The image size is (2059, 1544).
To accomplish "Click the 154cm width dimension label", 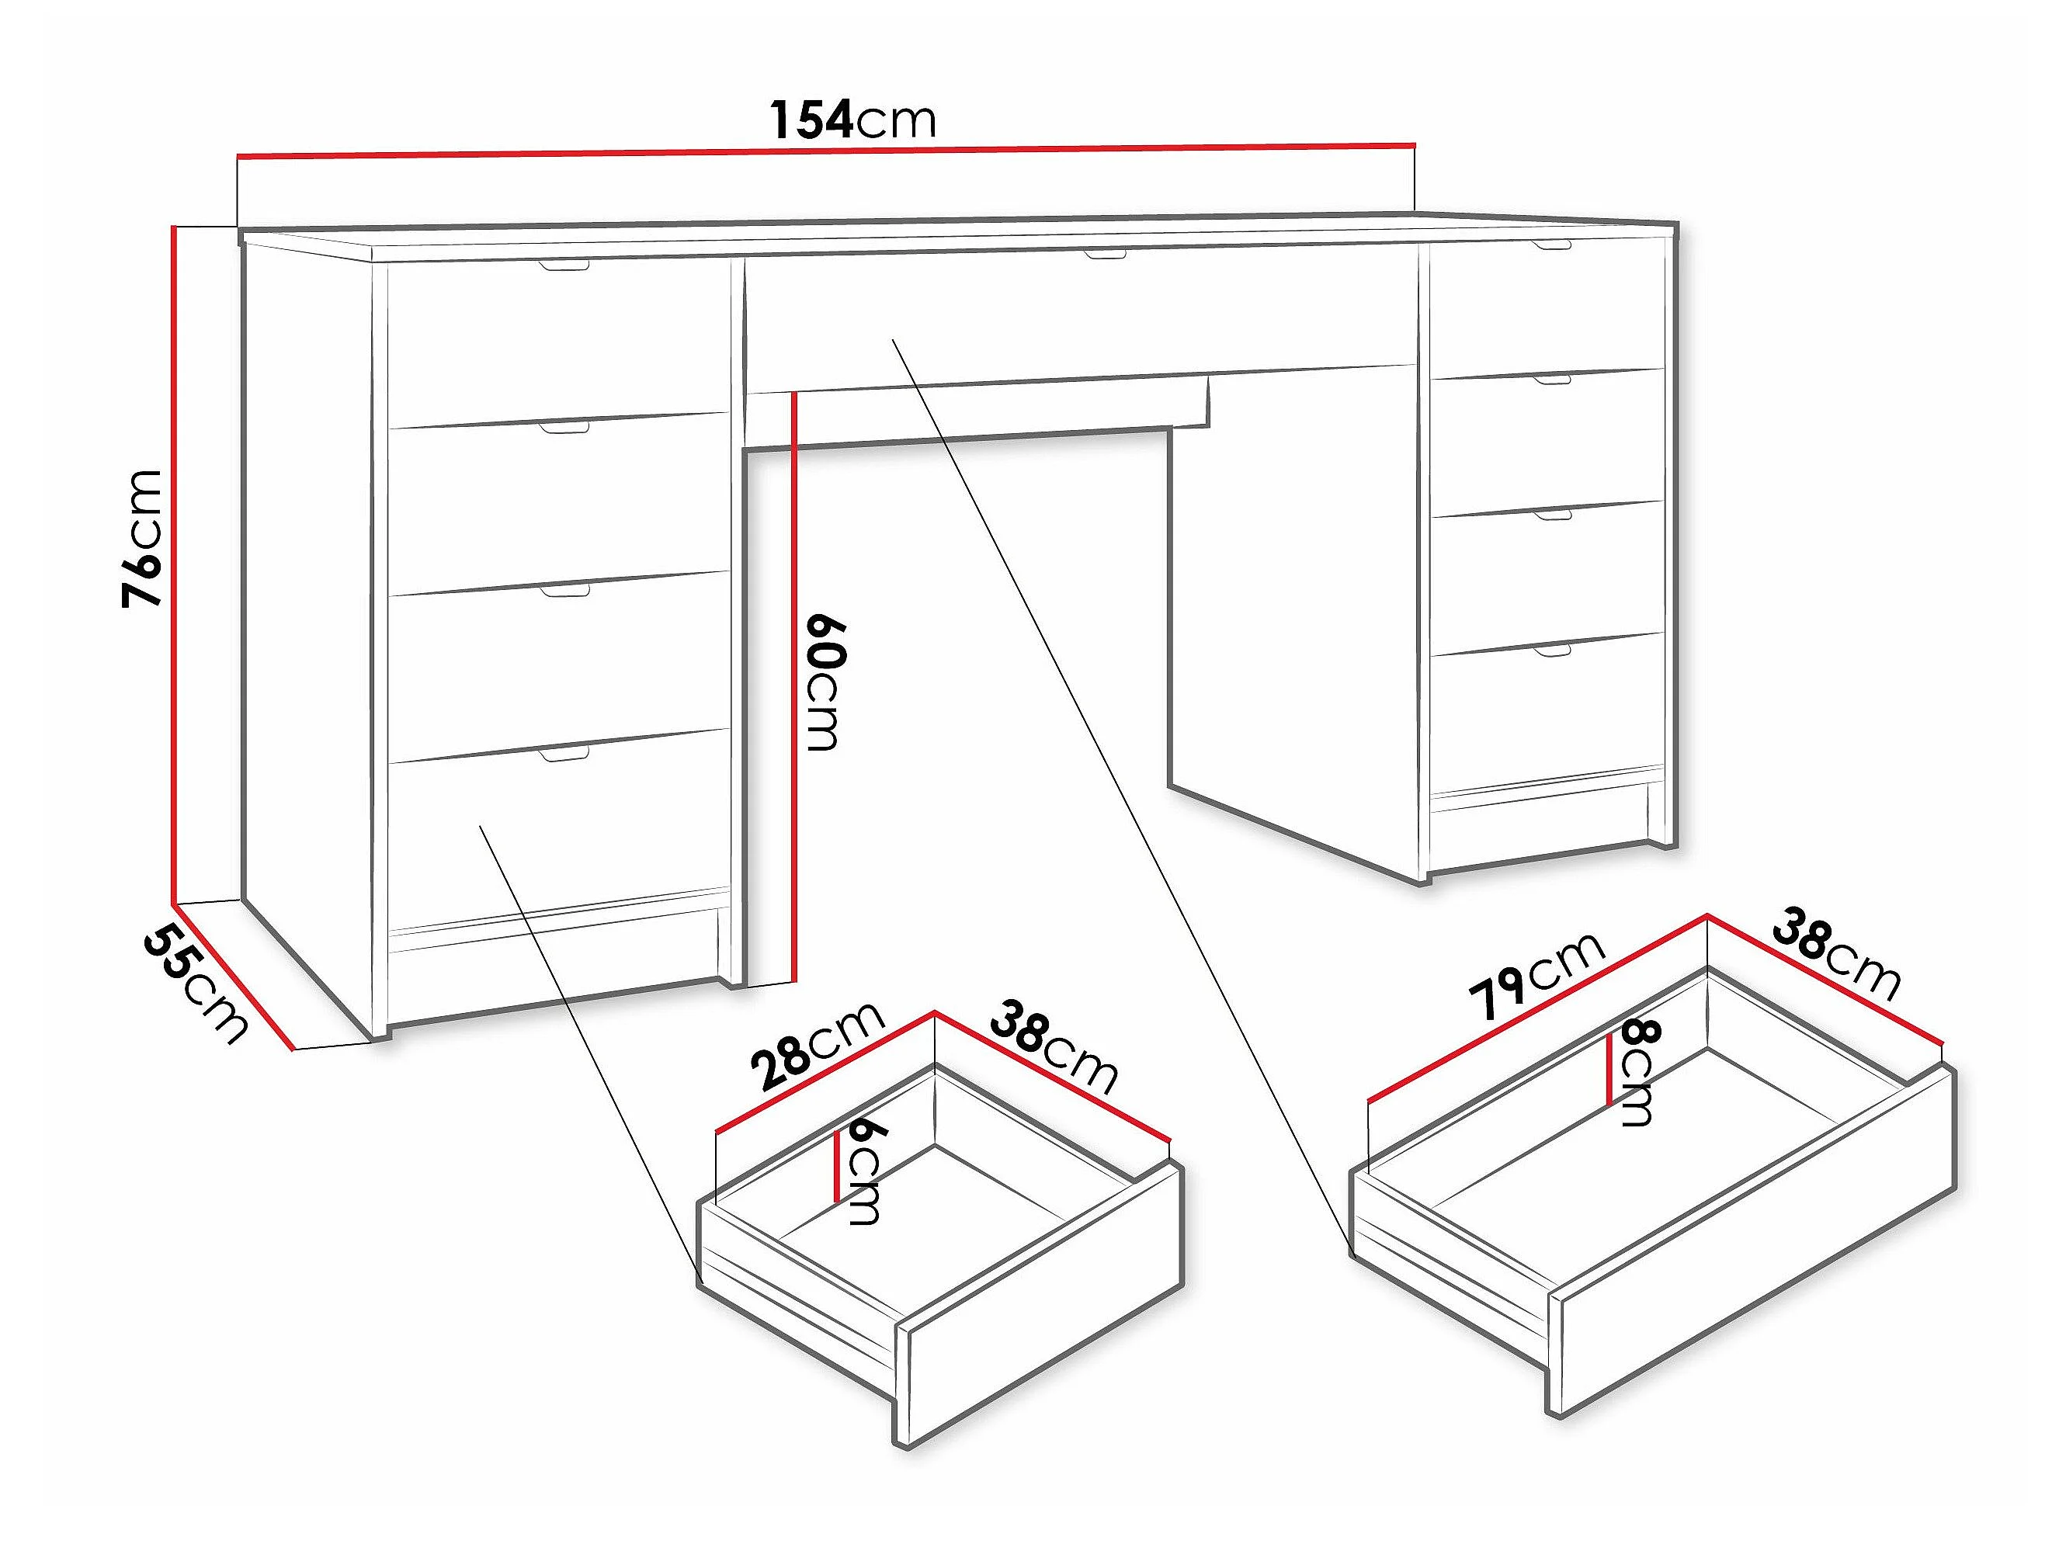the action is coord(852,120).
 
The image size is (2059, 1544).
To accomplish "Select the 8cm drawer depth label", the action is coord(1640,1073).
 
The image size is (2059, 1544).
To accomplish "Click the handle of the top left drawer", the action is coord(565,267).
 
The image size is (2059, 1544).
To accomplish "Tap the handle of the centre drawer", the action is coord(1105,253).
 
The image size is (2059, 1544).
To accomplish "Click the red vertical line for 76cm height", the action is coord(174,564).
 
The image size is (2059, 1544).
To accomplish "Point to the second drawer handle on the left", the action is coord(565,427).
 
